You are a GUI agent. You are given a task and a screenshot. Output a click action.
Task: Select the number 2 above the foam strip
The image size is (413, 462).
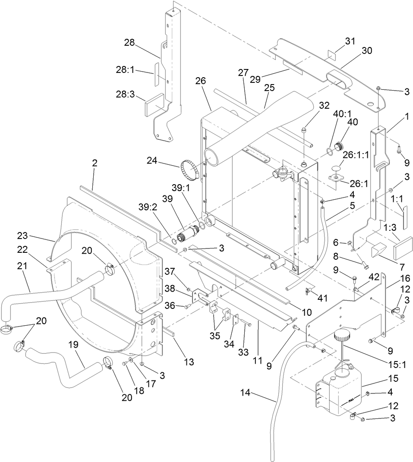point(95,163)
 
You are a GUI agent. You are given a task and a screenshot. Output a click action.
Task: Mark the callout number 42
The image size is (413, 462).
point(373,277)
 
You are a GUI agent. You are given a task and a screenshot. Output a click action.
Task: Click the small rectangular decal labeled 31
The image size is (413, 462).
point(331,55)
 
